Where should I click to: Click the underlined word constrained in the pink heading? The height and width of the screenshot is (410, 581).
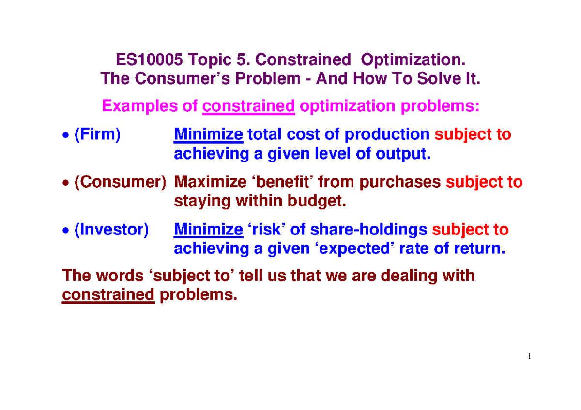(x=249, y=105)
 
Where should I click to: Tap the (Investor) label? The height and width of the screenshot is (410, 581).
(x=111, y=230)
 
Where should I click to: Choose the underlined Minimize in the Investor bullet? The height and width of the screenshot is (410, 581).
(x=208, y=230)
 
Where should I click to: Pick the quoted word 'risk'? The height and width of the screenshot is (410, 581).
(x=265, y=230)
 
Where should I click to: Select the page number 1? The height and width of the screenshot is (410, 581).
(x=530, y=357)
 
